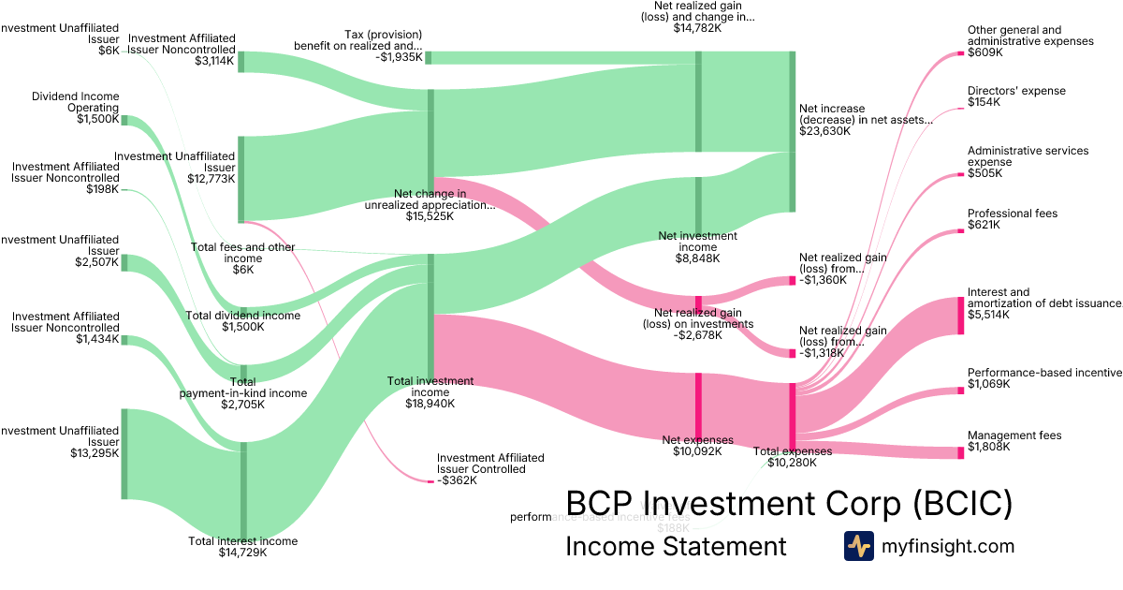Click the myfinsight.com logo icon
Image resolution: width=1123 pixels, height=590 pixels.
click(858, 546)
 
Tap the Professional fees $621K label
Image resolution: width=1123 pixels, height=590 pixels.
click(1013, 219)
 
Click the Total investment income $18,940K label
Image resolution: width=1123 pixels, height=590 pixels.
click(430, 392)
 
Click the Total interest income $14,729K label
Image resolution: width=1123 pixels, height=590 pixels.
click(243, 547)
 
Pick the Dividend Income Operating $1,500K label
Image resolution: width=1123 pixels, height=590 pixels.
click(75, 108)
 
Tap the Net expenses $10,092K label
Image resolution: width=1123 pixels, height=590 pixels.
click(697, 445)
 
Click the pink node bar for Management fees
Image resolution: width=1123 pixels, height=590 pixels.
click(960, 453)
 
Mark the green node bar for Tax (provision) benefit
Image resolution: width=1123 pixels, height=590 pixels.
click(429, 58)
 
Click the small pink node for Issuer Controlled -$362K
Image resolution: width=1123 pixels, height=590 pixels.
click(430, 480)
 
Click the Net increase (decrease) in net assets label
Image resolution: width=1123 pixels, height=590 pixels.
click(866, 120)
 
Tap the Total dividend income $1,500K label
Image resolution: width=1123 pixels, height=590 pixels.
click(243, 321)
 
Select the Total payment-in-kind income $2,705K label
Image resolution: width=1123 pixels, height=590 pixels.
click(243, 393)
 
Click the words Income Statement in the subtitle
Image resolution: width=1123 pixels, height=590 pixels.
click(676, 546)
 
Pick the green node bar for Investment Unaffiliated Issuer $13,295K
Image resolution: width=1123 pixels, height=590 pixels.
click(124, 454)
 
